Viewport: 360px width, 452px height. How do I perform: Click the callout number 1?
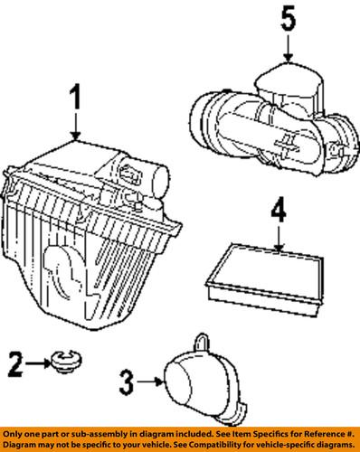pyautogui.click(x=77, y=97)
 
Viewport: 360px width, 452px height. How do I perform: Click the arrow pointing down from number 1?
pyautogui.click(x=77, y=127)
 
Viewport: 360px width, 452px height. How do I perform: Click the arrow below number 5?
pyautogui.click(x=287, y=50)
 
